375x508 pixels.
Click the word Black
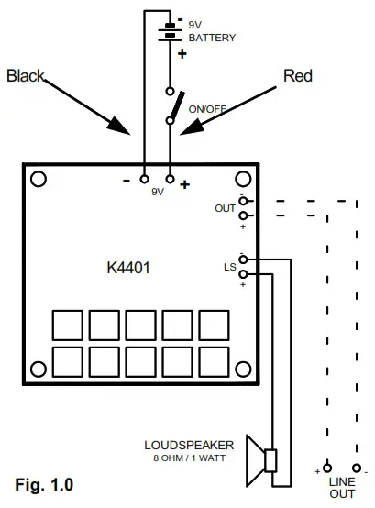point(26,76)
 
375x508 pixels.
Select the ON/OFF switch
point(171,106)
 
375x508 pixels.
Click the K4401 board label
point(128,270)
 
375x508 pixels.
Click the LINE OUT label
point(341,487)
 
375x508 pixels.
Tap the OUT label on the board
point(226,208)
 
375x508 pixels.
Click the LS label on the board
point(230,267)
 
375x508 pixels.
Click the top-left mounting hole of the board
point(40,180)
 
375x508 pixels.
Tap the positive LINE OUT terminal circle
point(327,467)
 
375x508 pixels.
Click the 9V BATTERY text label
point(212,33)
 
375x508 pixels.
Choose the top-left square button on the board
point(67,325)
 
